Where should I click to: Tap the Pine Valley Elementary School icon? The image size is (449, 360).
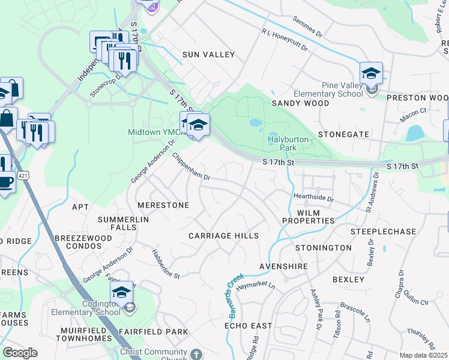[371, 74]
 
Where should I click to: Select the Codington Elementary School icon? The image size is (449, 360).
[121, 293]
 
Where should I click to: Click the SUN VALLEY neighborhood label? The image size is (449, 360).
[208, 55]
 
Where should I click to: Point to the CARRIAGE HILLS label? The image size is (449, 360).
[224, 236]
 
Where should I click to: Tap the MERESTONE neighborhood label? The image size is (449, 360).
[163, 205]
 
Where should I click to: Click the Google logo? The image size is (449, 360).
[20, 353]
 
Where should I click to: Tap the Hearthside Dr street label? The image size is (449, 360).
[313, 197]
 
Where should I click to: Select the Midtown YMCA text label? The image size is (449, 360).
[152, 132]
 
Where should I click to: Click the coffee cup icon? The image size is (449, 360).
[5, 182]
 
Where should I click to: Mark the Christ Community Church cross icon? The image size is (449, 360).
[196, 355]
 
